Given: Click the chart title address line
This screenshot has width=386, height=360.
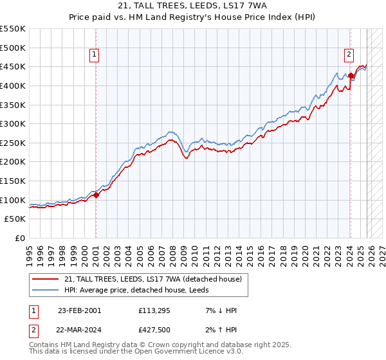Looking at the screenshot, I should pyautogui.click(x=193, y=6).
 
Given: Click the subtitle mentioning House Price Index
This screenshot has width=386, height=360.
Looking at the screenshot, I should pyautogui.click(x=193, y=17).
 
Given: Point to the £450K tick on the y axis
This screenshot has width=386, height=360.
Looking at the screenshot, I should pyautogui.click(x=13, y=66).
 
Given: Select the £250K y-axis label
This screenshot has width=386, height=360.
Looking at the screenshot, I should pyautogui.click(x=13, y=143).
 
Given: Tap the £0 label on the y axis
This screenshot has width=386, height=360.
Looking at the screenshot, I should pyautogui.click(x=21, y=238).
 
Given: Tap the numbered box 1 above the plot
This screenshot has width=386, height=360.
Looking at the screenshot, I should pyautogui.click(x=94, y=55).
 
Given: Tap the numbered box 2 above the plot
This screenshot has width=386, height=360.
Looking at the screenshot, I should pyautogui.click(x=349, y=55).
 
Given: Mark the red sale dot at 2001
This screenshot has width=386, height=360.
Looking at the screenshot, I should pyautogui.click(x=96, y=195).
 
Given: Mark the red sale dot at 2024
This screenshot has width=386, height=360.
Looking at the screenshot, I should pyautogui.click(x=351, y=75).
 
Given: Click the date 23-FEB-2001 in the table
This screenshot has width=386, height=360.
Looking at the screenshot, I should pyautogui.click(x=79, y=310).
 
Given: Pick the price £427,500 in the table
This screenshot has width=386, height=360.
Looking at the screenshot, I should pyautogui.click(x=157, y=328).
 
